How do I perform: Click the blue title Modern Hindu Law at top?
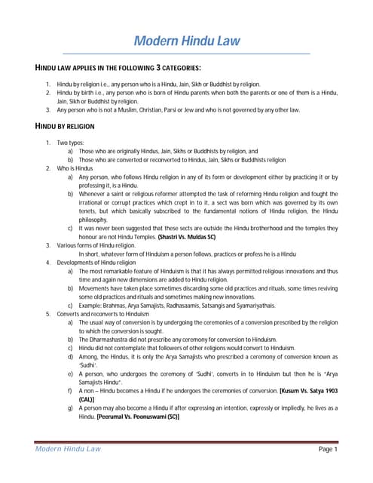pos(186,41)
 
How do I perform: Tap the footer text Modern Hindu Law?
pos(68,449)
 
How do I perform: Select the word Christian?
pos(141,109)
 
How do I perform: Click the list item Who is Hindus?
pos(75,168)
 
